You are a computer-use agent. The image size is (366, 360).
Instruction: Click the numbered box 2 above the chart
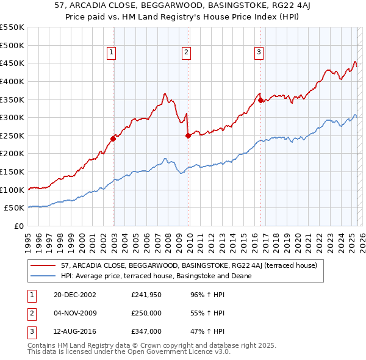185,53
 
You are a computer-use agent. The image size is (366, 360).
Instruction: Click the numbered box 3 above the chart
259,53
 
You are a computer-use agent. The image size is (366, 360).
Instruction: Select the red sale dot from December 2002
113,139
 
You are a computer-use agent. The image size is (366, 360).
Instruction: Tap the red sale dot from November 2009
188,135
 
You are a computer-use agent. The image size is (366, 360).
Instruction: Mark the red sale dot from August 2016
260,101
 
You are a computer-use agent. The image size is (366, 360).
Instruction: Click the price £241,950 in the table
146,295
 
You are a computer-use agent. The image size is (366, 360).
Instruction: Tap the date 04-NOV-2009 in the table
76,314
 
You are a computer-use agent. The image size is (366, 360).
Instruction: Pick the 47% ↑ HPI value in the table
207,333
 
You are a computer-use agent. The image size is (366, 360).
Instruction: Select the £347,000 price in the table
146,333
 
